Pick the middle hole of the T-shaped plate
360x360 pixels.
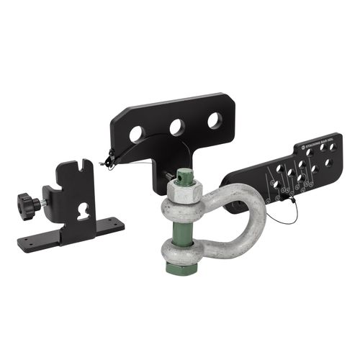[176, 127]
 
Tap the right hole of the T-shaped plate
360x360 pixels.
[215, 120]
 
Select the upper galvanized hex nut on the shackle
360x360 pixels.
[184, 192]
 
